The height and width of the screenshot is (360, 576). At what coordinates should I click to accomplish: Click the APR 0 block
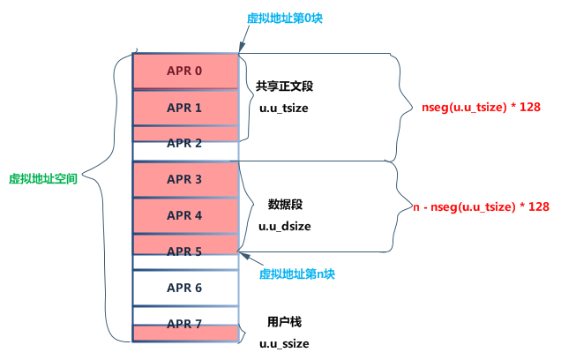[185, 71]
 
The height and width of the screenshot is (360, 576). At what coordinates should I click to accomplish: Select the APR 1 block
[185, 108]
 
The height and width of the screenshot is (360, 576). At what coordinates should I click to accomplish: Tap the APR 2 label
[185, 143]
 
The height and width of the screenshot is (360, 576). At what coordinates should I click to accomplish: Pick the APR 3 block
[185, 179]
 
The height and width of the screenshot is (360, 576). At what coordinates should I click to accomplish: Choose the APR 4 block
[185, 215]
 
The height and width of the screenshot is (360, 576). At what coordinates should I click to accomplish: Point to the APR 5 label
[185, 251]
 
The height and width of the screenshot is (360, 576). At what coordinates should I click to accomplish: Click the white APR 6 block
[185, 288]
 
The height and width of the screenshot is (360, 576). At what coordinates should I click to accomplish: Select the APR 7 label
[185, 324]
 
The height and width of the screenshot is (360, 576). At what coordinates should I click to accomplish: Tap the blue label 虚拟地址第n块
[297, 274]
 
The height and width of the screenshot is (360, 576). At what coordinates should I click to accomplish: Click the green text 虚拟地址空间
[43, 178]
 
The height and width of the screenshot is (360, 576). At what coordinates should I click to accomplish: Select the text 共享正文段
[285, 87]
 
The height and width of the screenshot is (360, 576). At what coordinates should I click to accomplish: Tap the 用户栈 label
[285, 321]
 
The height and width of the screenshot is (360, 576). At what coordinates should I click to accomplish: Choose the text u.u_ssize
[283, 342]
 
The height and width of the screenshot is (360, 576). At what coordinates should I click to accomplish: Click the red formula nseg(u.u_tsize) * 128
[481, 107]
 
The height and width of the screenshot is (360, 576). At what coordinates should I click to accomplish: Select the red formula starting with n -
[482, 206]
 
